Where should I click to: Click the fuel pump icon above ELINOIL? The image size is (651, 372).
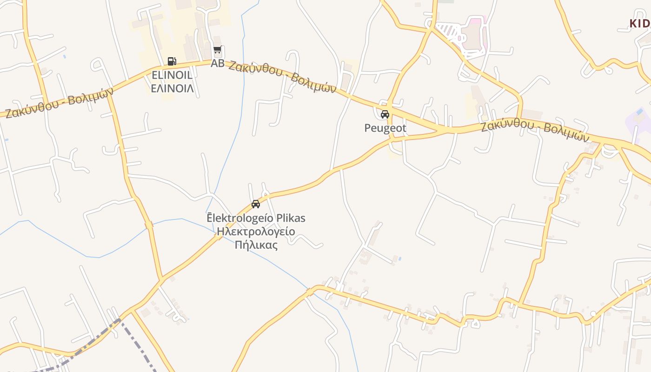click(x=172, y=61)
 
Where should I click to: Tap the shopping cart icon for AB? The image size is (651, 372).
click(x=217, y=50)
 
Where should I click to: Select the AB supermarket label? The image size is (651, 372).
click(x=217, y=63)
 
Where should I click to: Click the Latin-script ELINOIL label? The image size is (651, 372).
click(x=172, y=75)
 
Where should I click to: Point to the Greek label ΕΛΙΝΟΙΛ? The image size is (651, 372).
click(x=172, y=88)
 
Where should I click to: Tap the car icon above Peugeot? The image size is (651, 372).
click(x=385, y=114)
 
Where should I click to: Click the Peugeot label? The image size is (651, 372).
click(x=385, y=128)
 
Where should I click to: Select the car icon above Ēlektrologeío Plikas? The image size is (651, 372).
click(x=255, y=204)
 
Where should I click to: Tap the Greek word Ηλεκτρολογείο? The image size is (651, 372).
click(x=256, y=232)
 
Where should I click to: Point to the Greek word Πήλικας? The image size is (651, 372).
click(x=256, y=245)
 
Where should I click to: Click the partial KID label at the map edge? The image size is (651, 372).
click(x=640, y=23)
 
